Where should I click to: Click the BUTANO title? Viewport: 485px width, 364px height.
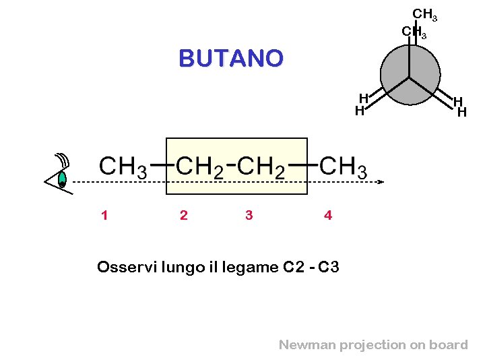click(x=231, y=59)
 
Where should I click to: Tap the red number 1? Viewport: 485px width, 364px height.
click(x=104, y=216)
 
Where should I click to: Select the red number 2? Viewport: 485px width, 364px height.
click(x=183, y=216)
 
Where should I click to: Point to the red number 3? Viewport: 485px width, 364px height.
click(x=249, y=216)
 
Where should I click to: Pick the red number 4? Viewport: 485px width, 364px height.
click(x=328, y=216)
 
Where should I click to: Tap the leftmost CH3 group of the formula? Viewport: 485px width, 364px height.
click(x=123, y=166)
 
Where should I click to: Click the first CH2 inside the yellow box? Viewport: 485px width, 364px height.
click(x=199, y=166)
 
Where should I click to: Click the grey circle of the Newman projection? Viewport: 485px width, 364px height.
click(x=410, y=74)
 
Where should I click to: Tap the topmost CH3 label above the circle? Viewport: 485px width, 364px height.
click(x=424, y=13)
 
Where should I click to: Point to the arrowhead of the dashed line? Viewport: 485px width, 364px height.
click(x=381, y=182)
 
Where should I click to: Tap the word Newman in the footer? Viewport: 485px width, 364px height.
click(x=306, y=345)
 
